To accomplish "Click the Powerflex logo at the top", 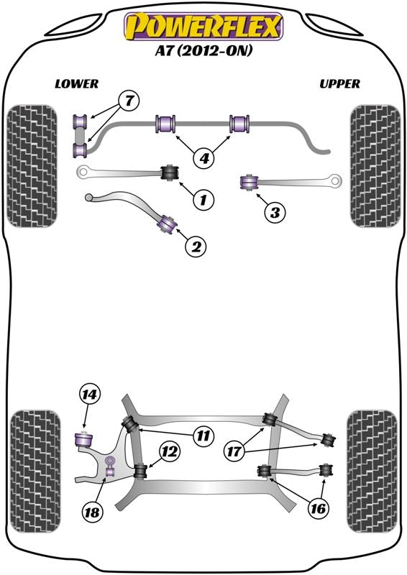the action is click(x=203, y=26).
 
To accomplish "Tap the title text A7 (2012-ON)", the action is click(x=203, y=50).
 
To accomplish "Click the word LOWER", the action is click(x=77, y=84).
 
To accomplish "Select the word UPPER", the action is click(x=339, y=84).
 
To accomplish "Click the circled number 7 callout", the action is click(x=129, y=101).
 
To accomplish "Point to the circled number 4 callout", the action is click(x=203, y=158).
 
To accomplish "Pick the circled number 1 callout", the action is click(x=203, y=200).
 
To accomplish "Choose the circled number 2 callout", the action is click(x=196, y=247).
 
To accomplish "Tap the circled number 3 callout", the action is click(x=275, y=212).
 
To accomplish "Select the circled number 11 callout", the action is click(x=203, y=436).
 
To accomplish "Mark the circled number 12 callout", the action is click(x=170, y=451).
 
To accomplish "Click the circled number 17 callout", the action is click(x=234, y=451).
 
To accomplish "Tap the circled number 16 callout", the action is click(x=318, y=509).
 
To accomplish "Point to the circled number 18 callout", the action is click(x=91, y=512).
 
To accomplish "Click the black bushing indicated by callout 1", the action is click(x=170, y=172).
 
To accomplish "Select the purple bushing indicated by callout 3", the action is click(x=249, y=183).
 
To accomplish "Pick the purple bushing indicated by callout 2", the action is click(x=167, y=224).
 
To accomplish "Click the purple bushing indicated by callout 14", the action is click(x=83, y=439).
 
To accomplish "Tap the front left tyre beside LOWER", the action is click(x=32, y=166).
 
